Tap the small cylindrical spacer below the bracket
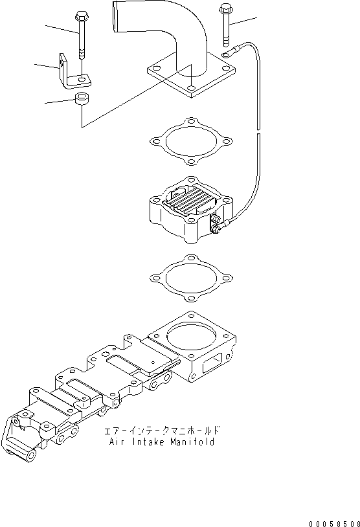click(x=82, y=100)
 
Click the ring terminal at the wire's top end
click(x=228, y=55)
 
